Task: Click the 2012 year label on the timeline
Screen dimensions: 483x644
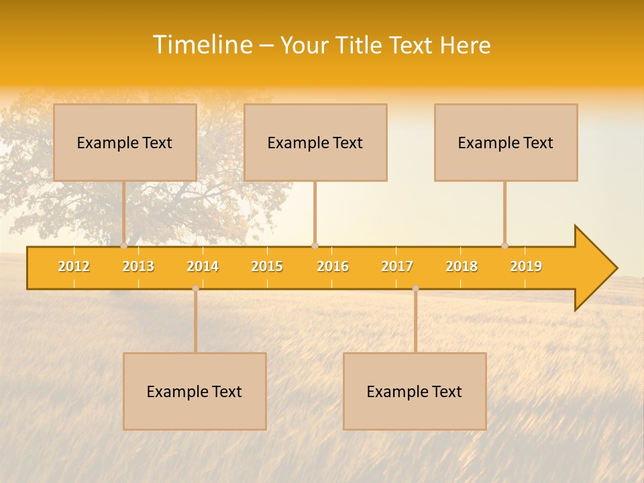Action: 74,266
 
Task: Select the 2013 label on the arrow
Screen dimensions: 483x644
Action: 138,266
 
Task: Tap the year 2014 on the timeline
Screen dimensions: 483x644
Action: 203,266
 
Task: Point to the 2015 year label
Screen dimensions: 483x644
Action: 267,266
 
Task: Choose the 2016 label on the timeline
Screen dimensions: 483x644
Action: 333,266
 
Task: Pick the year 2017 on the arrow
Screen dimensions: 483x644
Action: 397,266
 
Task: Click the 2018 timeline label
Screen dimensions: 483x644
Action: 462,266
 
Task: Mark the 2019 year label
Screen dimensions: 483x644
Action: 526,266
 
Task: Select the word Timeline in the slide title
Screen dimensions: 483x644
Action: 202,45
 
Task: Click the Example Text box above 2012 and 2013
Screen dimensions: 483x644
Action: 125,142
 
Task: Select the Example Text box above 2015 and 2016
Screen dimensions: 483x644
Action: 315,142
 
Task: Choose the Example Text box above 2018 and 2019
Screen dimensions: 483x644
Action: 506,142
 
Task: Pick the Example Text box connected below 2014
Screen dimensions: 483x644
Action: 195,391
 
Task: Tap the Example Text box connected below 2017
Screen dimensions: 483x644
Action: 415,391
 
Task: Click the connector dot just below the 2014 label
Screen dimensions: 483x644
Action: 195,288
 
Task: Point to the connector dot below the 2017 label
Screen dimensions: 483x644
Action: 415,288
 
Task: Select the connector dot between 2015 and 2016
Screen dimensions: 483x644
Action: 315,246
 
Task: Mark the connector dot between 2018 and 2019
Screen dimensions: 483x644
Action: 504,246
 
